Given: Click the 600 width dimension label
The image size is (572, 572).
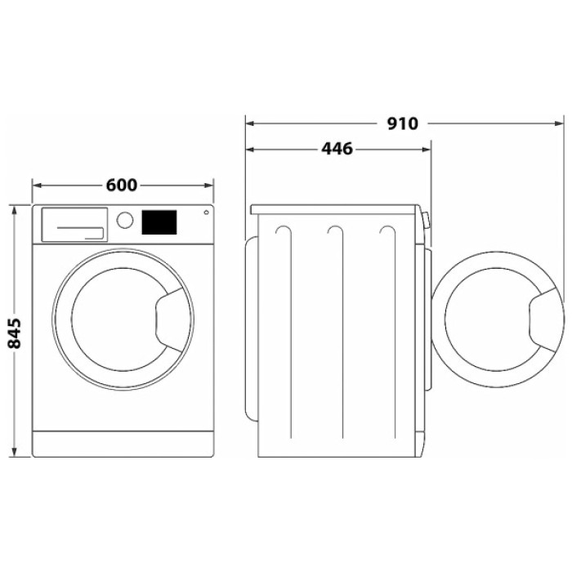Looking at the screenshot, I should pos(121,185).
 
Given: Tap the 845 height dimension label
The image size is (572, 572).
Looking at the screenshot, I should pos(14,332).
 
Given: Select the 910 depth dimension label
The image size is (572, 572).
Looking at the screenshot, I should pos(402,124).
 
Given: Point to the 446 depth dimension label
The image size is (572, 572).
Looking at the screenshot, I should pos(337,150).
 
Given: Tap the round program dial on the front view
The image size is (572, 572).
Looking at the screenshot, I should pos(125,221).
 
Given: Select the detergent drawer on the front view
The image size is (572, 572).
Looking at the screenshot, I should pos(74,224).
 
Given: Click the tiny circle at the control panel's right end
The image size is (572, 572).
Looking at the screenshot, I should pos(205,213).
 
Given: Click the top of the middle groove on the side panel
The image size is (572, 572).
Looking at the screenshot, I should pos(335,230).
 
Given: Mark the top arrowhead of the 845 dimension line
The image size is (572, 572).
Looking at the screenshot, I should pos(14,208).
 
